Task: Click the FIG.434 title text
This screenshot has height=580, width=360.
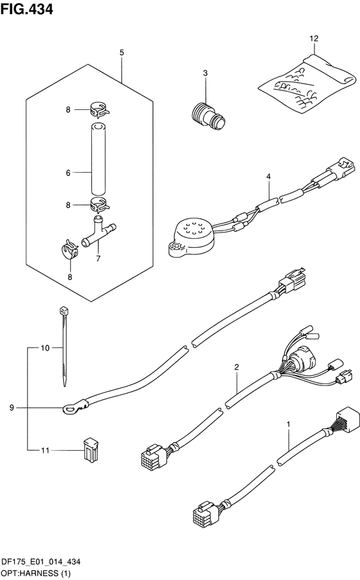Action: (26, 9)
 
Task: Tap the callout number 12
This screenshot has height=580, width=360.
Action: (314, 39)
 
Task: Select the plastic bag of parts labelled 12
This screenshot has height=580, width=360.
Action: (307, 83)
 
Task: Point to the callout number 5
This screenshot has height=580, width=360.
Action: (122, 53)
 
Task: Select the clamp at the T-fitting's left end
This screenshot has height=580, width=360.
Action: (69, 249)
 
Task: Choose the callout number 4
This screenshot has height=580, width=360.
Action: (268, 177)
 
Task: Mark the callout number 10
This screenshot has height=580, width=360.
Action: (45, 347)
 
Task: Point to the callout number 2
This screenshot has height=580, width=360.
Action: (237, 367)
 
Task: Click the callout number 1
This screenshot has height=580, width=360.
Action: (289, 423)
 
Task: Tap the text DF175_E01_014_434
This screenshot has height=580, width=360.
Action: (41, 562)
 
